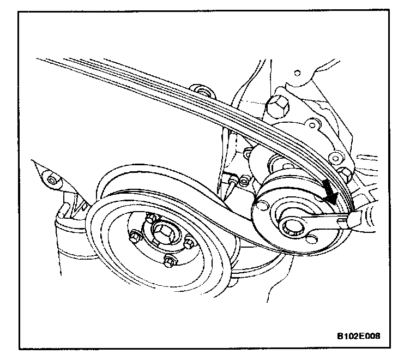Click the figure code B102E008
click(356, 335)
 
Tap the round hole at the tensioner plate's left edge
click(259, 207)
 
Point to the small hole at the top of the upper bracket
click(297, 72)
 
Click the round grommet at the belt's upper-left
click(200, 89)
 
